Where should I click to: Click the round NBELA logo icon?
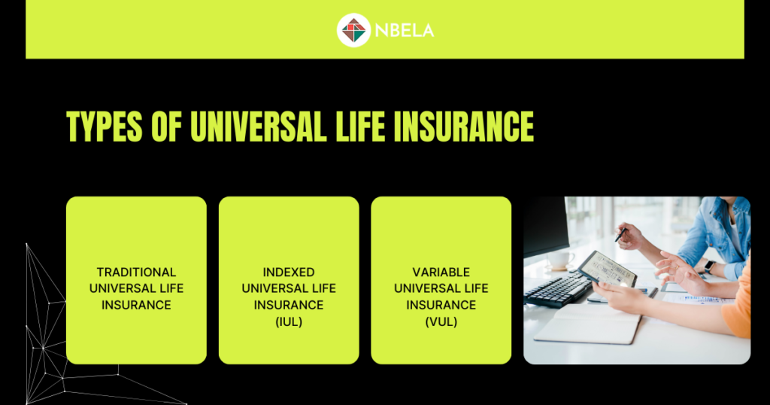[x=353, y=30]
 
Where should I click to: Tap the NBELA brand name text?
[x=405, y=30]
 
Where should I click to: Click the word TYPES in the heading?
[x=104, y=126]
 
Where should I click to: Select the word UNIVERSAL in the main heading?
[x=259, y=126]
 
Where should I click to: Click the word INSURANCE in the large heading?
[x=464, y=126]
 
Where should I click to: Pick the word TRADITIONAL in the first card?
[x=137, y=273]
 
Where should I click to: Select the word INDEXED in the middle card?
[x=289, y=273]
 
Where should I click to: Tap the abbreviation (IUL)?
[x=289, y=321]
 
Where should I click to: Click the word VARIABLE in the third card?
[x=441, y=273]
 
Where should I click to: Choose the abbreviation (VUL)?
[x=441, y=321]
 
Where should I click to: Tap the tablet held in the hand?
[x=607, y=269]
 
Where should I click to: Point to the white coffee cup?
[x=560, y=260]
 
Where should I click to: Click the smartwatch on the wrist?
[x=708, y=266]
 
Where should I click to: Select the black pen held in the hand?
[x=620, y=234]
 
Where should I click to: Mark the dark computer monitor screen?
[x=546, y=226]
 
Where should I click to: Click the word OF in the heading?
[x=166, y=126]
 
